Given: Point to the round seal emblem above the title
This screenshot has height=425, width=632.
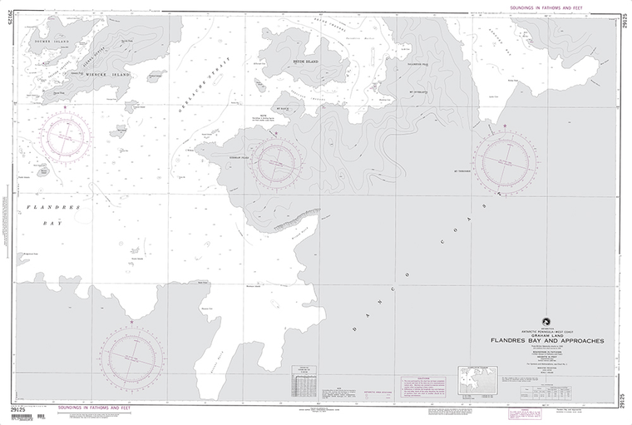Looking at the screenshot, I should (x=546, y=319).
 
